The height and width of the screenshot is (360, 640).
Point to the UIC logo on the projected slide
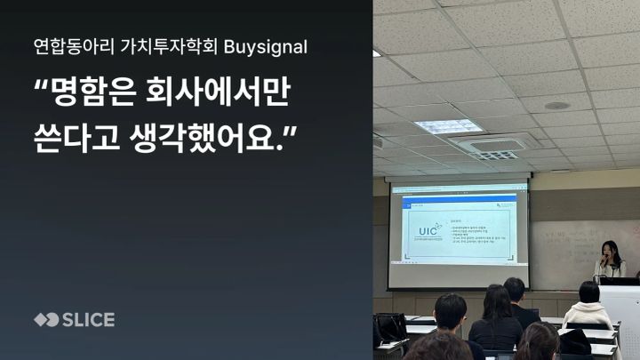coord(428,234)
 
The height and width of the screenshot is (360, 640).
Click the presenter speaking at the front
coord(610,260)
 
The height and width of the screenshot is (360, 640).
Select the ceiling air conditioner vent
coord(494,148)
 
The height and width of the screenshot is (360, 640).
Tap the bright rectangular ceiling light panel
coord(448,126)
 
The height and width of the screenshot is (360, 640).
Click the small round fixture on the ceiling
coord(557,105)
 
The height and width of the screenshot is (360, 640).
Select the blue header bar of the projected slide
coord(458,190)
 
